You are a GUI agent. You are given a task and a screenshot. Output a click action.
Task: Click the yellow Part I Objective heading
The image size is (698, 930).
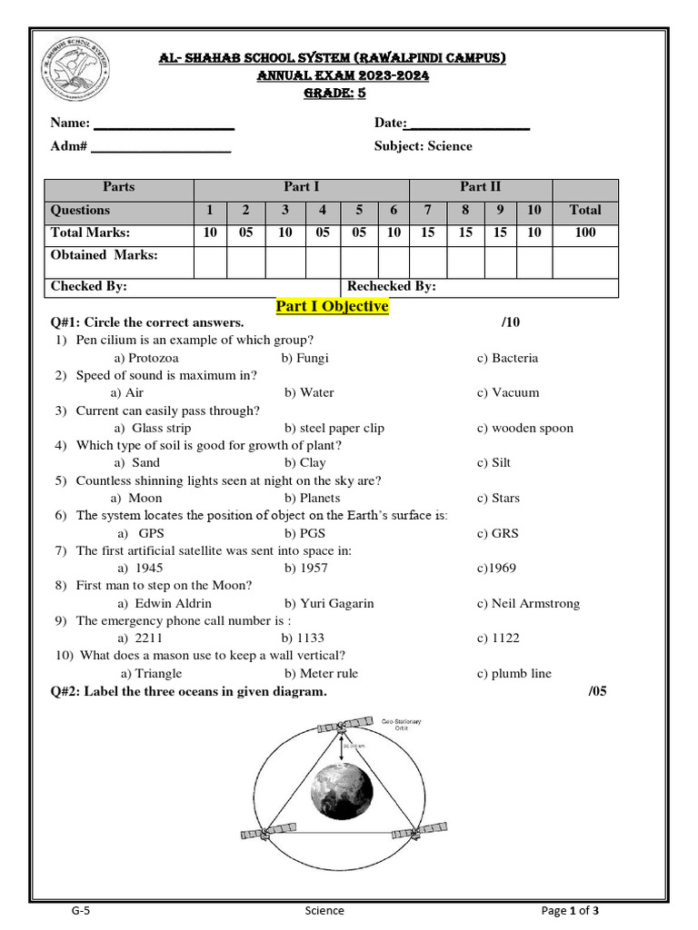click(x=332, y=307)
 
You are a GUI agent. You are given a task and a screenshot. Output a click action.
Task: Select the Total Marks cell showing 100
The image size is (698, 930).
click(x=585, y=232)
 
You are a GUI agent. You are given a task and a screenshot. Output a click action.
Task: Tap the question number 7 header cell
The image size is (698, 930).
click(x=427, y=210)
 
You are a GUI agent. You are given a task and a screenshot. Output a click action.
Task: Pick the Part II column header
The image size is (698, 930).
click(x=480, y=187)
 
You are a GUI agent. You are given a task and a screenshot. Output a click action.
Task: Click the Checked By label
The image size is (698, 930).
click(x=89, y=286)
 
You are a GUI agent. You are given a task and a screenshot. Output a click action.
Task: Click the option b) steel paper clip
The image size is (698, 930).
click(x=334, y=428)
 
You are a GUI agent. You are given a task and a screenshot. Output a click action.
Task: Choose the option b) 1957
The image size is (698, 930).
click(x=305, y=568)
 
